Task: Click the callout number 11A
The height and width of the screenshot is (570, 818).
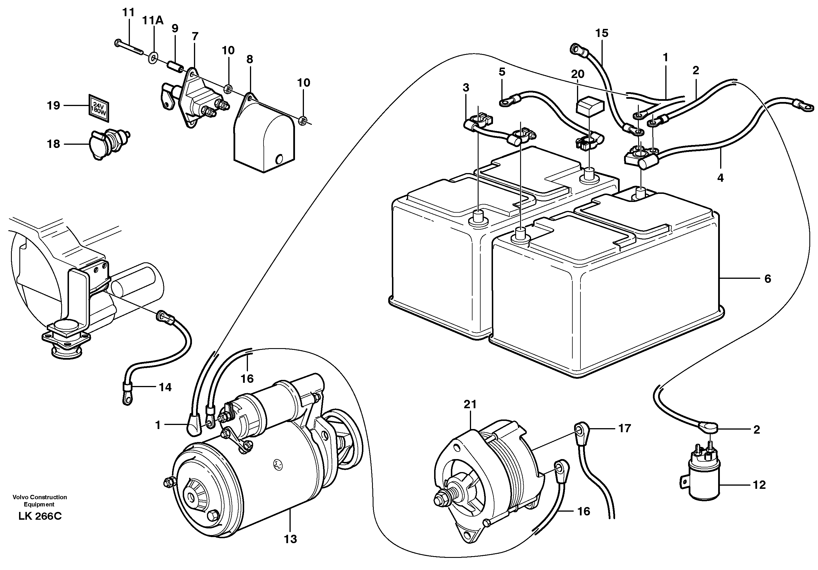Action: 153,21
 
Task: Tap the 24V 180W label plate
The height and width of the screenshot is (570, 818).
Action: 99,107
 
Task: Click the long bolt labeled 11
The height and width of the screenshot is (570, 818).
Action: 129,48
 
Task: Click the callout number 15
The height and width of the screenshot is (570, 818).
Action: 602,33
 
